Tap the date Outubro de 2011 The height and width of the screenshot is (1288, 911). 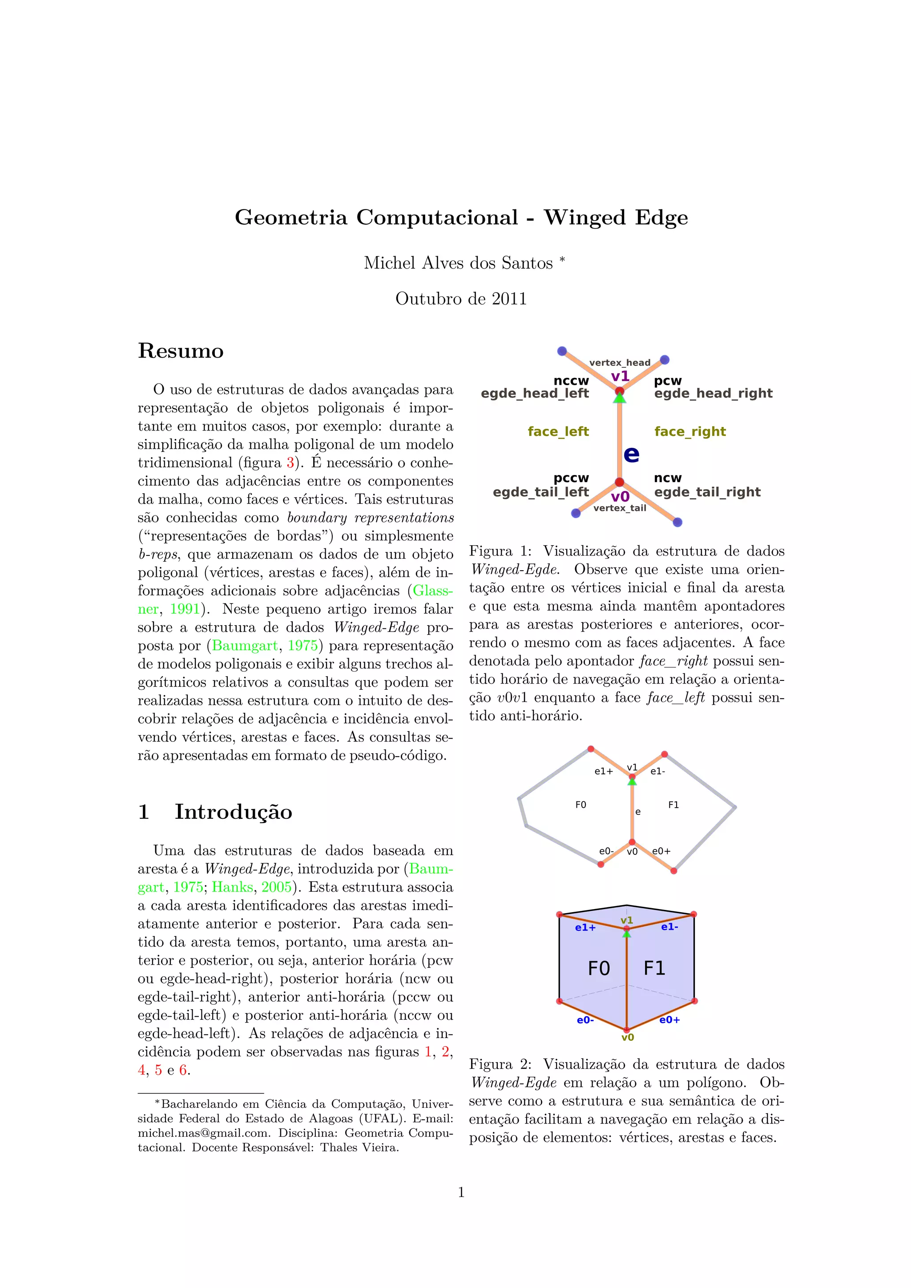461,298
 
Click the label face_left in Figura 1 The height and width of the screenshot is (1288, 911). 558,431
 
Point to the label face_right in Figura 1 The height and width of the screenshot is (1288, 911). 689,431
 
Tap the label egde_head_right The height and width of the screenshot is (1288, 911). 713,393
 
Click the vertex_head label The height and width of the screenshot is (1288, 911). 619,362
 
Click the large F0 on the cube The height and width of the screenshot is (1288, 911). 599,968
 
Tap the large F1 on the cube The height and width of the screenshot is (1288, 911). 654,968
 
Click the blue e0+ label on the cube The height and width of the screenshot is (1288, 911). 669,1020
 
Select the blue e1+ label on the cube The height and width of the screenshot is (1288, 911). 585,927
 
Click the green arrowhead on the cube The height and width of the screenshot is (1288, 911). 627,934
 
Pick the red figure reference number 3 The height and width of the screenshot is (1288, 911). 290,463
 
